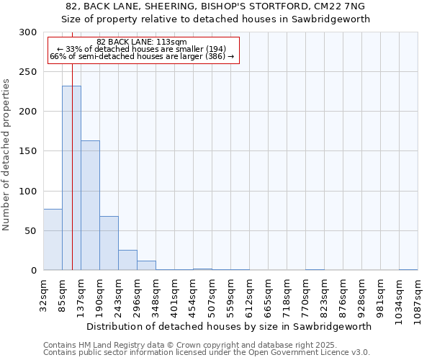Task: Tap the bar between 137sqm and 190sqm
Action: (90, 205)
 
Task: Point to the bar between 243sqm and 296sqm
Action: (127, 260)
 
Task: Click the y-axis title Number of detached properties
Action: (6, 155)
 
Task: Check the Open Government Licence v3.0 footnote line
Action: (206, 353)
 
